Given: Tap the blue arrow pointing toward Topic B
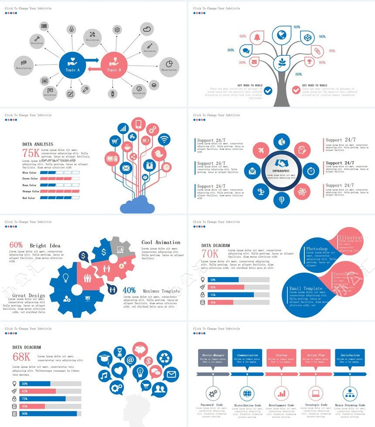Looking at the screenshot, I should [92, 60].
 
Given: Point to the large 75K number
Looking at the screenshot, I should [31, 152].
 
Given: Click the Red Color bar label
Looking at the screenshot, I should [29, 198].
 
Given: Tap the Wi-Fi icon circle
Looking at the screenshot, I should [164, 139].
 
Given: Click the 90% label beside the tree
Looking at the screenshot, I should [322, 37].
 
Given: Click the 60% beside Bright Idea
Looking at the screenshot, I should [16, 245].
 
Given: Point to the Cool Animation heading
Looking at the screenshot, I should [160, 242].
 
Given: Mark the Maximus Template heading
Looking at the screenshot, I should [161, 291].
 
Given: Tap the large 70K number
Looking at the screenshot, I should [210, 254].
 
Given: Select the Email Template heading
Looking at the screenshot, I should [306, 288].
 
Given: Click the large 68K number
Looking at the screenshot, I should [21, 357].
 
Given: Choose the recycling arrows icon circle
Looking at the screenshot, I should [166, 358].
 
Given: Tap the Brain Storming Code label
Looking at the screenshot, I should [350, 405].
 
